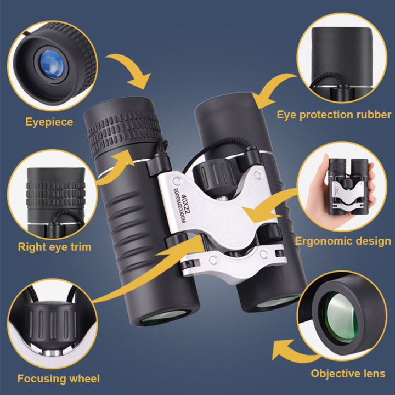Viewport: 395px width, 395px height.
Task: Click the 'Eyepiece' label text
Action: tap(49, 121)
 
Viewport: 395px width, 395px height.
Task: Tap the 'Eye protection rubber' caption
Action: tap(334, 115)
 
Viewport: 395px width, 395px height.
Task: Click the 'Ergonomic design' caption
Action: tap(343, 241)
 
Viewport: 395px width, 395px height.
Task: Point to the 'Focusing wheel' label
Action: tap(58, 378)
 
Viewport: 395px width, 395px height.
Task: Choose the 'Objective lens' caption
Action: tap(348, 374)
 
